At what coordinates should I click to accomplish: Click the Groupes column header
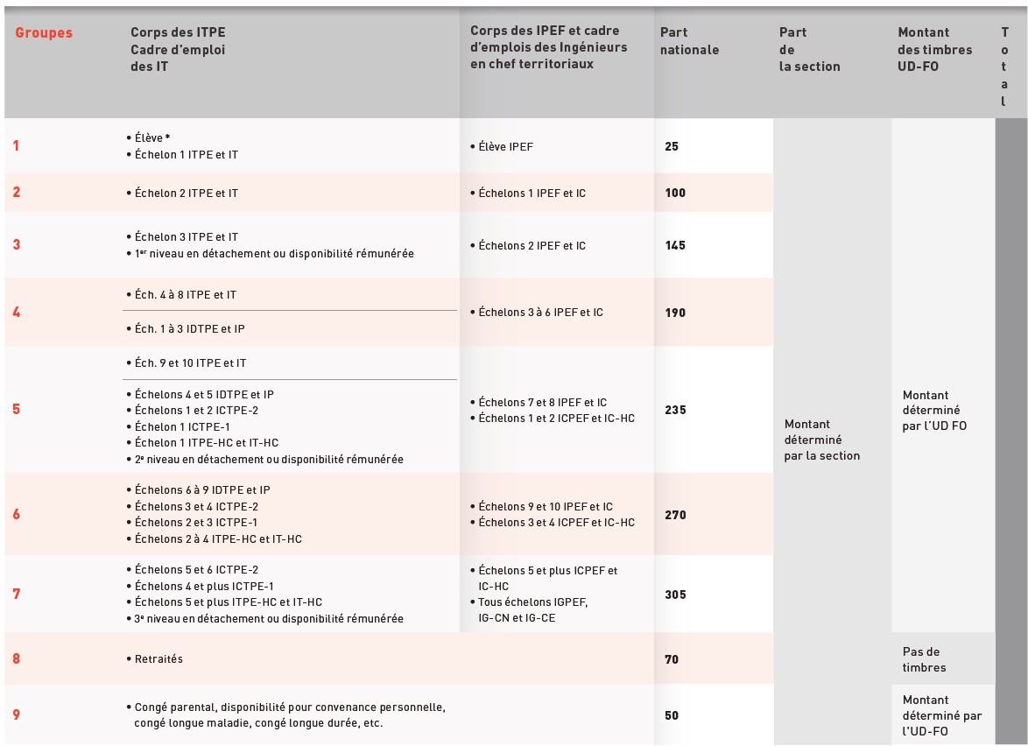pos(44,33)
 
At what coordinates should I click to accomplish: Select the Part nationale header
pos(689,41)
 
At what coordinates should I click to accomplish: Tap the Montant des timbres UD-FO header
pos(934,49)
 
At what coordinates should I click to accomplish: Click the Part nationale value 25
pos(672,146)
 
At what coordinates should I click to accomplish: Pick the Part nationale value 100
pos(675,193)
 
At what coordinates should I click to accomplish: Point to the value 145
pos(675,245)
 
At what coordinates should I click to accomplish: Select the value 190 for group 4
pos(675,313)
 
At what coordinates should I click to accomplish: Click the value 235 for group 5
pos(675,410)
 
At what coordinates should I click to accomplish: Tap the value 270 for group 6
pos(675,515)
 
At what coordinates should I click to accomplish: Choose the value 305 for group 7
pos(675,595)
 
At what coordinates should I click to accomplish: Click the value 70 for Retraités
pos(672,659)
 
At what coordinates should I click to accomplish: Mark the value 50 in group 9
pos(672,715)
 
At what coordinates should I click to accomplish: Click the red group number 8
pos(17,658)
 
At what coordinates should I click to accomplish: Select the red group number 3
pos(17,245)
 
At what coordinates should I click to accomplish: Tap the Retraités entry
pos(158,659)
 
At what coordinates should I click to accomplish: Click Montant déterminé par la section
pos(822,440)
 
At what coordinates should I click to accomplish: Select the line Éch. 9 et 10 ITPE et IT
pos(190,362)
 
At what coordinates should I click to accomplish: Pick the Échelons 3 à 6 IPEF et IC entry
pos(540,312)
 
